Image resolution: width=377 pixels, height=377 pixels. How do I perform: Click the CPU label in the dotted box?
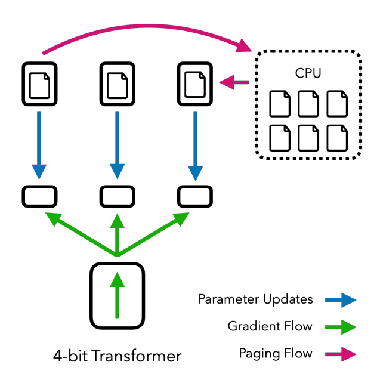[x=308, y=73]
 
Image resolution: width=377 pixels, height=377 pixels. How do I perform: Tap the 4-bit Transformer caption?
[x=117, y=356]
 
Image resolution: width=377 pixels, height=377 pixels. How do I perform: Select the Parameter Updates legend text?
[x=255, y=299]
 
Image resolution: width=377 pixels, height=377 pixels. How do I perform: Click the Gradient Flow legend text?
[x=270, y=326]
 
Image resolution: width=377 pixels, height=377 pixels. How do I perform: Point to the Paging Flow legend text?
[x=276, y=353]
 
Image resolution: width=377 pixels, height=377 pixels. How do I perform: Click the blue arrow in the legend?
[x=341, y=299]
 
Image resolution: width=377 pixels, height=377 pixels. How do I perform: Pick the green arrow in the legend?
[x=341, y=327]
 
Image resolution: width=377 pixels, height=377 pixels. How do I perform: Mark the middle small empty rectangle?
[x=117, y=196]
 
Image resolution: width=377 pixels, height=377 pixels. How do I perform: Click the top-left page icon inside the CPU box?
[x=280, y=103]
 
